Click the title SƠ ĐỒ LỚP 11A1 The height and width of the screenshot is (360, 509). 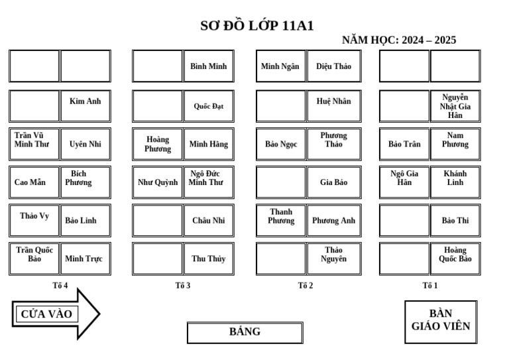tap(257, 26)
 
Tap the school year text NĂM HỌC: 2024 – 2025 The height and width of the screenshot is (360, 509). tap(399, 40)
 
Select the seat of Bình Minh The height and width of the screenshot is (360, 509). tap(208, 66)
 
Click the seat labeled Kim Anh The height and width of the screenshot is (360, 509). tap(85, 105)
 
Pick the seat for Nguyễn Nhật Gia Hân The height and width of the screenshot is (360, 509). tap(455, 105)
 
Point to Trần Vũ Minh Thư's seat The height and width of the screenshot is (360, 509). tap(34, 143)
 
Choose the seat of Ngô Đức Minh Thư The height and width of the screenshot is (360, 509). tap(208, 182)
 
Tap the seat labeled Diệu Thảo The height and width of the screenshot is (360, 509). tap(333, 66)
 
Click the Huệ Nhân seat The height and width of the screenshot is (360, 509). tap(333, 105)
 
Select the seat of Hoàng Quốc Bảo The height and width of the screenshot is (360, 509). tap(455, 259)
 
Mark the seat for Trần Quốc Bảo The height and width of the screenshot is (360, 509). tap(34, 259)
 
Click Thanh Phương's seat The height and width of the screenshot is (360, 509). tap(281, 220)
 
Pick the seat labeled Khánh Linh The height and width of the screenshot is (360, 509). tap(455, 182)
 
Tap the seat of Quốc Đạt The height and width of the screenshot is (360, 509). tap(208, 105)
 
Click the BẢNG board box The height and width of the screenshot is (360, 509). tap(245, 332)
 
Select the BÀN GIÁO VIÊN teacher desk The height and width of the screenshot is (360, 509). tap(441, 322)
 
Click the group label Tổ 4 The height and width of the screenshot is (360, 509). tap(60, 286)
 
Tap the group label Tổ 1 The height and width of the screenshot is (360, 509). tap(430, 286)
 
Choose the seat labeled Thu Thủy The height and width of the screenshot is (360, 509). tap(208, 259)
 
